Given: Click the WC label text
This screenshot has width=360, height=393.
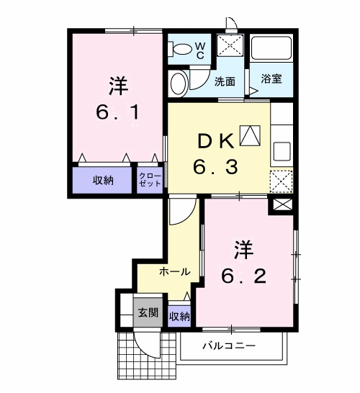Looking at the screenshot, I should pos(200,50).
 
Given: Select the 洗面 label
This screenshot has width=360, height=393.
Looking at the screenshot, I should pos(225,81).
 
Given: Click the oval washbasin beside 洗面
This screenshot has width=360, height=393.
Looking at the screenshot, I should pos(178,83).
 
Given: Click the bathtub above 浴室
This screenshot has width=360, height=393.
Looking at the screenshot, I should pos(271,48).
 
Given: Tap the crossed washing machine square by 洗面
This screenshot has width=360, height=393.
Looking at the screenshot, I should pos(230,46).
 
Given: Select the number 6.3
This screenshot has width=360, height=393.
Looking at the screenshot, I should pos(214,168).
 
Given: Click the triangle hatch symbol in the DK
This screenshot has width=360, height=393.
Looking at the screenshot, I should pos(250,134).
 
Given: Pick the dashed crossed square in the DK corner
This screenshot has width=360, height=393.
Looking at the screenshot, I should pos(280,180).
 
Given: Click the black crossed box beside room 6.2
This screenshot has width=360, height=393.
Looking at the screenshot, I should pos(281,204).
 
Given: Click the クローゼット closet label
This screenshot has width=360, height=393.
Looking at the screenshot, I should pos(150,179).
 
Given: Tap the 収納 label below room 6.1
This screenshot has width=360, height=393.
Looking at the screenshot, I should pos(103,180).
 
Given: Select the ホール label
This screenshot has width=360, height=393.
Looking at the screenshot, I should pos(174,272).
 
